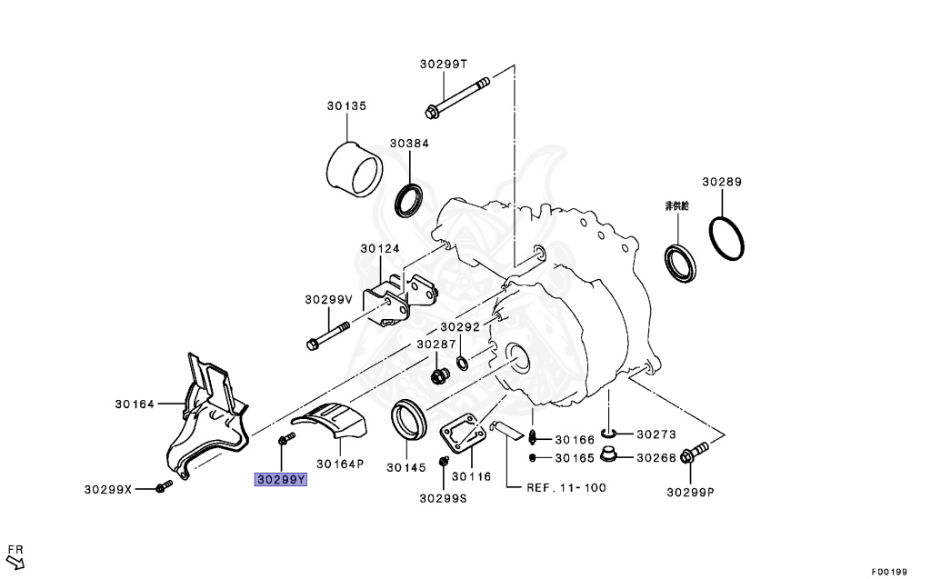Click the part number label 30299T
pyautogui.click(x=443, y=64)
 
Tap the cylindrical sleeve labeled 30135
pyautogui.click(x=355, y=170)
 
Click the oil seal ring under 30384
pyautogui.click(x=409, y=200)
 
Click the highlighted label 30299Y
pyautogui.click(x=281, y=478)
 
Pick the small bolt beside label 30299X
pyautogui.click(x=165, y=488)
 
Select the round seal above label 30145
pyautogui.click(x=407, y=422)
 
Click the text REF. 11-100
pyautogui.click(x=566, y=488)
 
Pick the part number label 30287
pyautogui.click(x=436, y=345)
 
